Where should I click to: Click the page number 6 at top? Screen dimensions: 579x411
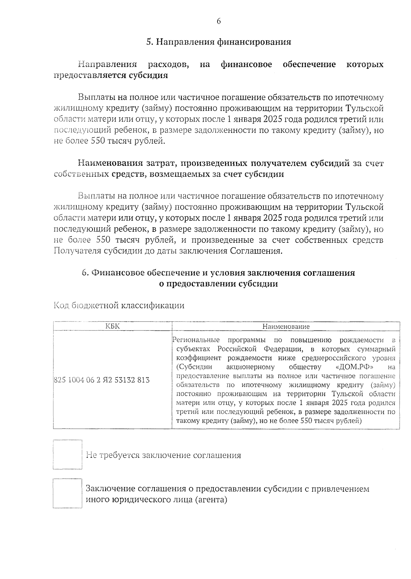(x=219, y=21)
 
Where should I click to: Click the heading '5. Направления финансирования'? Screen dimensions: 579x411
(x=219, y=42)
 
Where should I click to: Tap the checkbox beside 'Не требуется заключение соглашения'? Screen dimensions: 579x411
(x=67, y=454)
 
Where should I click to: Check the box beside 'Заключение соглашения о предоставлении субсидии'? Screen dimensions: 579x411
(x=67, y=493)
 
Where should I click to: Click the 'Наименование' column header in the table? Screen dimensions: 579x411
(x=286, y=326)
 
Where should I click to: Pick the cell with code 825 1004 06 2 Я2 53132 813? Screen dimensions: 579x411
(x=102, y=380)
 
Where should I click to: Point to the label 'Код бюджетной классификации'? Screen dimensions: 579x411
(x=119, y=305)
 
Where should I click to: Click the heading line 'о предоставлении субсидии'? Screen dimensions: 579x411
(x=219, y=284)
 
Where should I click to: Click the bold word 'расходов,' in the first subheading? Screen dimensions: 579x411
(x=169, y=64)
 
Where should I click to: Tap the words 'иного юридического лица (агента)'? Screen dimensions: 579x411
(x=157, y=500)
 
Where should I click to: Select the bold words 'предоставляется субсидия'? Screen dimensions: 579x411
(x=111, y=75)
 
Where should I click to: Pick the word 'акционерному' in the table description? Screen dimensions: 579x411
(x=250, y=367)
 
